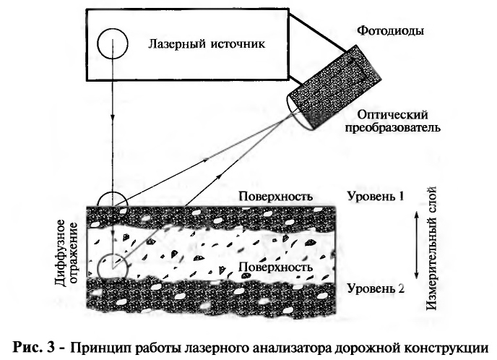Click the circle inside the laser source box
point(113,43)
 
